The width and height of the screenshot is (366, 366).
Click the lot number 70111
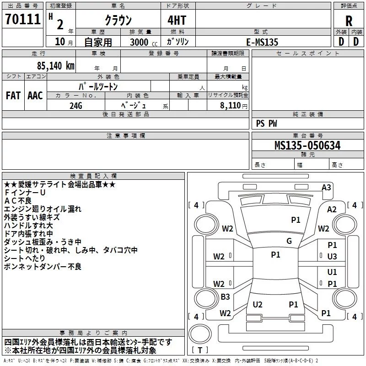click(x=22, y=20)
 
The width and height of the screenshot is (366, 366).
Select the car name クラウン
click(x=118, y=21)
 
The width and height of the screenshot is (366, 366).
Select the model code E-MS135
click(x=262, y=42)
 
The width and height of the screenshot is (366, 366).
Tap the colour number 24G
click(x=75, y=105)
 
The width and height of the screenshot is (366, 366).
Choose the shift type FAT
click(x=13, y=96)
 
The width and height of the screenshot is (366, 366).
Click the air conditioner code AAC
click(x=35, y=96)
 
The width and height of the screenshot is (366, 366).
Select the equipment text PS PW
click(x=266, y=124)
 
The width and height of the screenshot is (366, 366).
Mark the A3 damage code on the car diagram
click(x=326, y=187)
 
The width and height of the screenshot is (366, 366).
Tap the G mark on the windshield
click(x=289, y=241)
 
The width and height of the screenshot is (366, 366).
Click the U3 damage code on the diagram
click(x=332, y=257)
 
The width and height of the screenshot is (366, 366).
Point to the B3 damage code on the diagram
click(x=225, y=297)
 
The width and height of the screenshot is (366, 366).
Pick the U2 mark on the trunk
click(x=258, y=304)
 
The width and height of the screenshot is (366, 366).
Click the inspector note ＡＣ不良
click(x=18, y=201)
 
